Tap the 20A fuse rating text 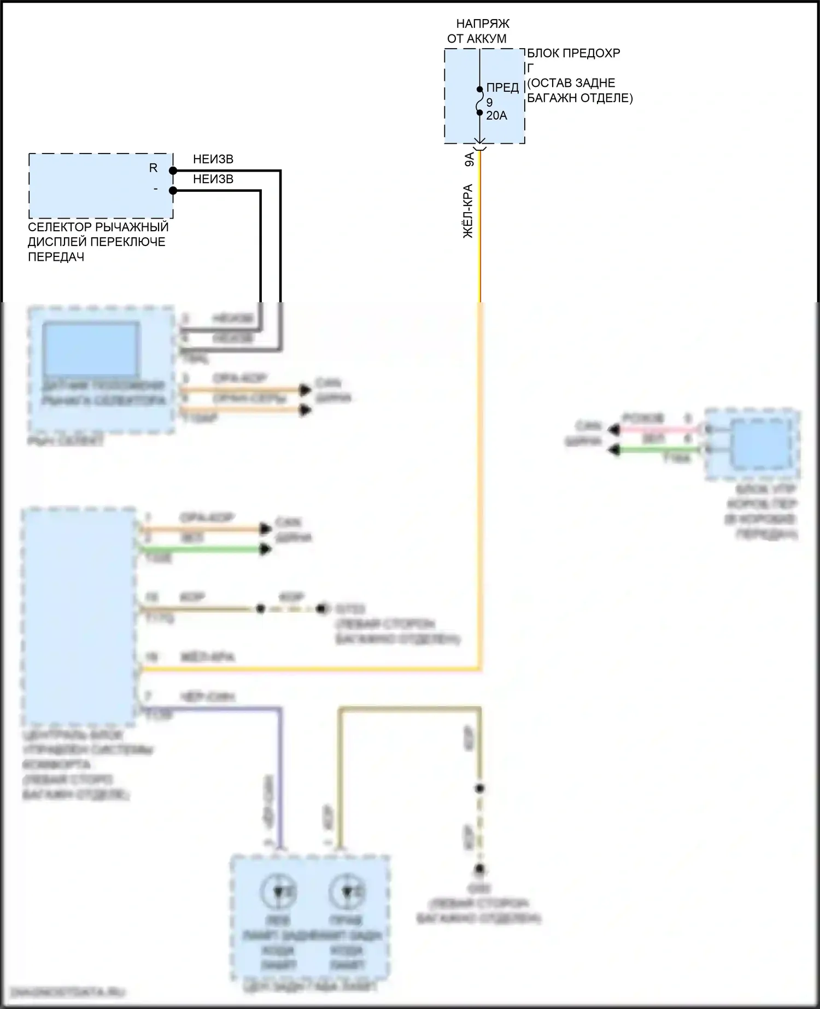coord(496,116)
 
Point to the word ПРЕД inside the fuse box coord(502,87)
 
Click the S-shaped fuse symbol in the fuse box coord(479,101)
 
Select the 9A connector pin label coord(469,160)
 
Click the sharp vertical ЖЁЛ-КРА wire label coord(468,211)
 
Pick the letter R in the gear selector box coord(153,168)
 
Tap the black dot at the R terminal coord(173,171)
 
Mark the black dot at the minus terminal coord(173,191)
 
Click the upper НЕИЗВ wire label coord(213,159)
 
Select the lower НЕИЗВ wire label coord(213,179)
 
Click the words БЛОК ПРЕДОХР coord(573,54)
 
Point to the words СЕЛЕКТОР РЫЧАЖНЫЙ coord(98,227)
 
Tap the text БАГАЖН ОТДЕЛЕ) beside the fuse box coord(579,98)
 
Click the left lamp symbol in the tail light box coord(277,892)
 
